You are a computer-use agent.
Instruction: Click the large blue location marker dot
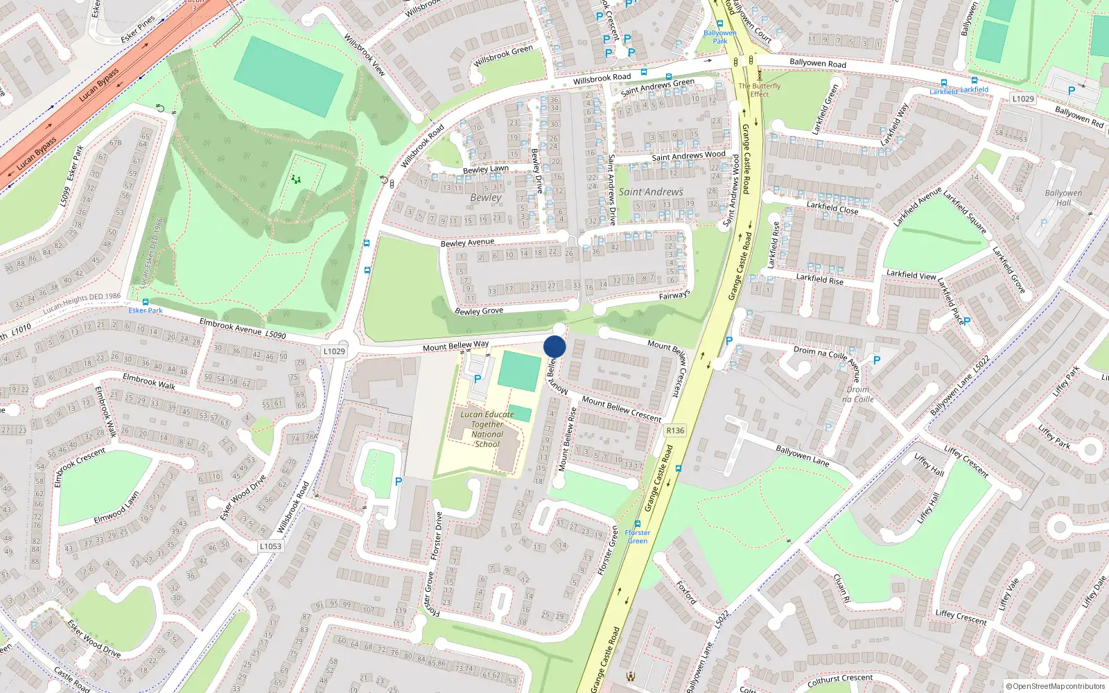click(x=554, y=346)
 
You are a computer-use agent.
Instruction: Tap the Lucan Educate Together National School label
click(x=487, y=429)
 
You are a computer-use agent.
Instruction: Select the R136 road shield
click(x=674, y=430)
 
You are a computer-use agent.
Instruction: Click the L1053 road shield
click(x=270, y=546)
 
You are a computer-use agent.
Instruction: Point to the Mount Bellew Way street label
click(x=455, y=345)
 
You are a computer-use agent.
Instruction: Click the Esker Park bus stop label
click(x=146, y=310)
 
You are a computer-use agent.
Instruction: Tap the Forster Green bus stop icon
click(x=638, y=524)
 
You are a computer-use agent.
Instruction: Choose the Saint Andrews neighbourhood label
click(x=651, y=192)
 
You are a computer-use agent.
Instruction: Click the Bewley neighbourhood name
click(x=485, y=198)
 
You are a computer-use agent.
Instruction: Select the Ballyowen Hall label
click(x=1063, y=198)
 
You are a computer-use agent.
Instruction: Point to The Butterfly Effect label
click(x=759, y=90)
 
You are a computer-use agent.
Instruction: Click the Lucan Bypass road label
click(x=98, y=85)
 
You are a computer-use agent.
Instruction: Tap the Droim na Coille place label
click(x=858, y=394)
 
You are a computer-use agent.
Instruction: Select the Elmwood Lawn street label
click(x=116, y=507)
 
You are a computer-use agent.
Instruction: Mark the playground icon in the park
click(x=297, y=180)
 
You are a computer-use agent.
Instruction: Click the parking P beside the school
click(x=477, y=378)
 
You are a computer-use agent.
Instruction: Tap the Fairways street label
click(x=674, y=295)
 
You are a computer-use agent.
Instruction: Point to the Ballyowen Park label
click(x=720, y=37)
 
